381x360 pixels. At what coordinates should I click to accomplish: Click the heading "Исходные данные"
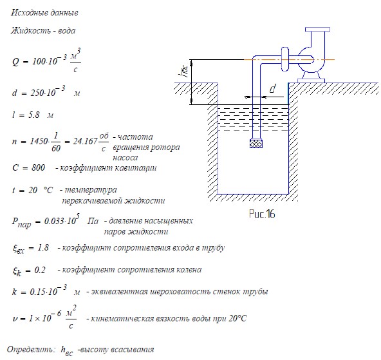44,13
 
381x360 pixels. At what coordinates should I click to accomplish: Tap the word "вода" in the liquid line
66,31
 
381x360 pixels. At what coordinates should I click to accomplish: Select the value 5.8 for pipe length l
33,115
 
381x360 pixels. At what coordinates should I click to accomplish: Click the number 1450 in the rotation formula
39,141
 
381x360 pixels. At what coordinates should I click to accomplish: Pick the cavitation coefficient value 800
38,167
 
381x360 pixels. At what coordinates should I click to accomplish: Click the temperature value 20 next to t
33,190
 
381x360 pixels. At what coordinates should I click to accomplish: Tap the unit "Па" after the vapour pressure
93,221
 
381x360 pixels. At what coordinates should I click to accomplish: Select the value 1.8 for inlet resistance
43,247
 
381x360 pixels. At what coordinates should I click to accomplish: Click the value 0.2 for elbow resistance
40,270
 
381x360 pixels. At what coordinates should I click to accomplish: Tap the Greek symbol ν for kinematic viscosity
15,319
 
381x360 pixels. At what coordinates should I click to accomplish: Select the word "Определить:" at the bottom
30,350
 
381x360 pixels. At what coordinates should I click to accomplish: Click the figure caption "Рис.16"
262,214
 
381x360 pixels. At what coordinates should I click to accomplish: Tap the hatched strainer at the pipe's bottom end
256,144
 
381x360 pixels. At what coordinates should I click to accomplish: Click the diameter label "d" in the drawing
273,88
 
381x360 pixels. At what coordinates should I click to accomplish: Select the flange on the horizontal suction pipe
284,59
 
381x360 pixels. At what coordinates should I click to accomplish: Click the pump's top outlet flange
317,30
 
